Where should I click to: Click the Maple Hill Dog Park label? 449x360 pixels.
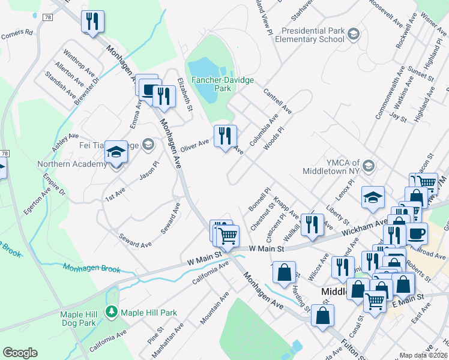click(78, 319)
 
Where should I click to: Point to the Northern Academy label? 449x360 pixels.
click(62, 164)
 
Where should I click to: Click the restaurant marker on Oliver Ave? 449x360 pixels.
click(225, 136)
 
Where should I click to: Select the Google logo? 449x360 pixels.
click(20, 353)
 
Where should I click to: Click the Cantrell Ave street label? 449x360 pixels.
click(277, 102)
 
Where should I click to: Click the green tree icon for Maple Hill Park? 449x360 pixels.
click(111, 312)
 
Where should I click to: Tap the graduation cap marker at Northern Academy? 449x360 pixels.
click(116, 153)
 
